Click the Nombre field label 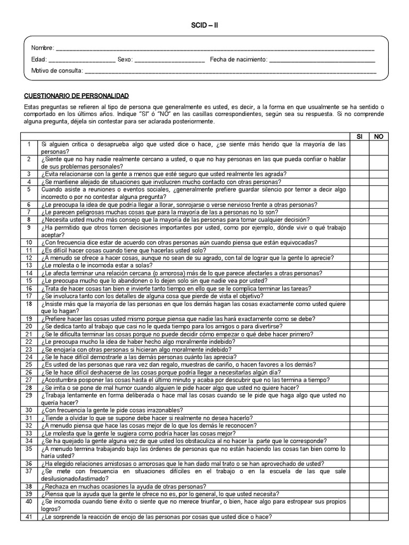(42, 48)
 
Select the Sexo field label (125, 60)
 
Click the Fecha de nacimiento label (238, 60)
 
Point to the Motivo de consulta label (56, 70)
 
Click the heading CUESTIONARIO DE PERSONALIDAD (77, 96)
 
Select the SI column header (359, 137)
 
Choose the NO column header (379, 137)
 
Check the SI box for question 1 (359, 148)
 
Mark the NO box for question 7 (379, 212)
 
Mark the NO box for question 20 (379, 326)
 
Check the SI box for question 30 (359, 410)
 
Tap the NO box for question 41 (379, 517)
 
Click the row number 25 (29, 365)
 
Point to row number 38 (29, 486)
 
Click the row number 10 (29, 242)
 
